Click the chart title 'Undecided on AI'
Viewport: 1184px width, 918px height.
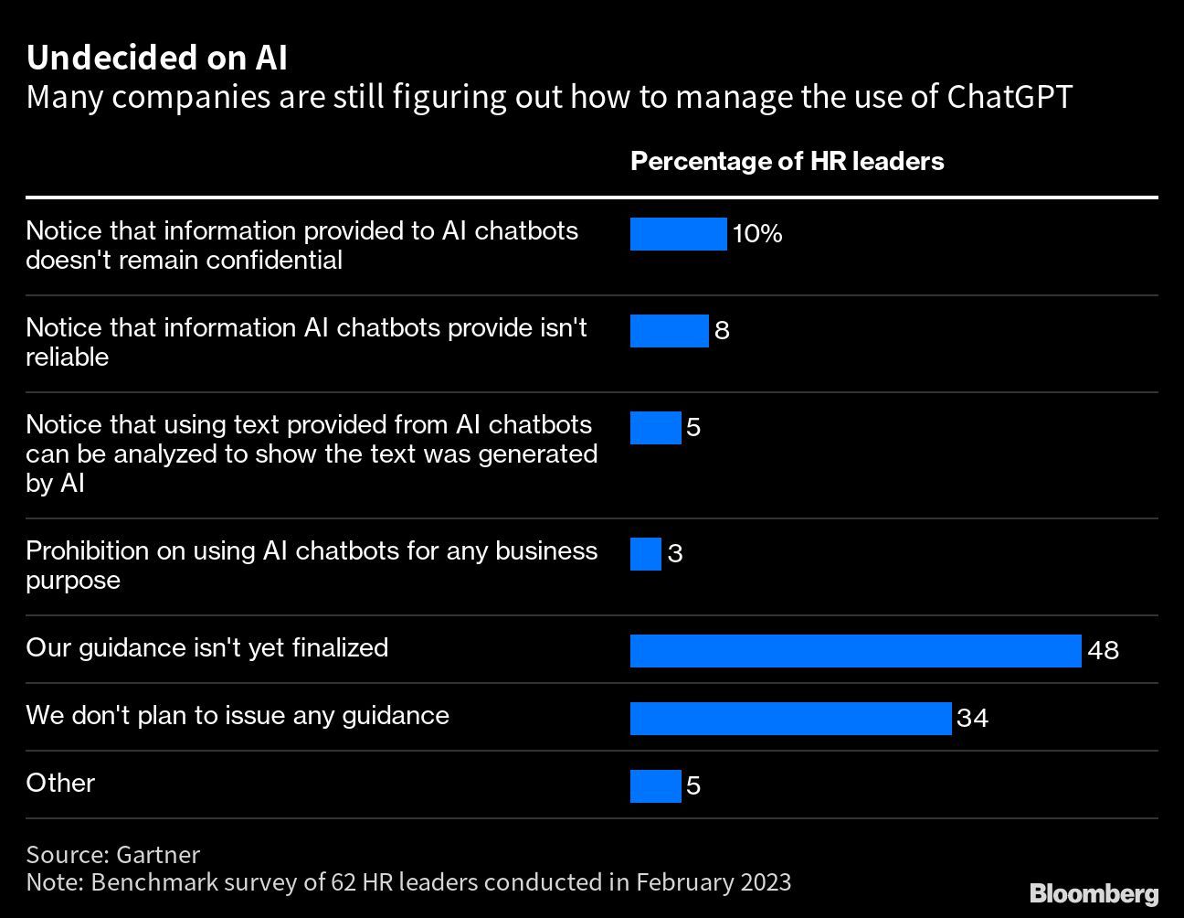(x=156, y=58)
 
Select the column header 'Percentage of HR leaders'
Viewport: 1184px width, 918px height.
(x=787, y=162)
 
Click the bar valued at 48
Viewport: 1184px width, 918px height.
(x=855, y=651)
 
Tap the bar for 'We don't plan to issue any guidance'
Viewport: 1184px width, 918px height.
(x=790, y=719)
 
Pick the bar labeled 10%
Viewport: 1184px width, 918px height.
(x=678, y=234)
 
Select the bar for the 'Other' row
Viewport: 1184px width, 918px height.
(x=655, y=786)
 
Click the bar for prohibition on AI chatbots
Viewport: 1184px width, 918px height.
(x=645, y=554)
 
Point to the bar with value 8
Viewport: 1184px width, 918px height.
(x=669, y=331)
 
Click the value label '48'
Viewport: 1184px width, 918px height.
(x=1104, y=651)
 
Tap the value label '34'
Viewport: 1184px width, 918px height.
(x=972, y=719)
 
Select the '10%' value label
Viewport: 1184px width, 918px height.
(x=757, y=234)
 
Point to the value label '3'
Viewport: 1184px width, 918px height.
(x=675, y=554)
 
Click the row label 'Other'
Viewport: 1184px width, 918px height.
(x=60, y=783)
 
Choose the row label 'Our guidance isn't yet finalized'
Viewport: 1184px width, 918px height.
(x=207, y=647)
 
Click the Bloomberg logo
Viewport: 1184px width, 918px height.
(x=1094, y=893)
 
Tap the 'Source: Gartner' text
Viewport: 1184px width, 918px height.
(x=112, y=854)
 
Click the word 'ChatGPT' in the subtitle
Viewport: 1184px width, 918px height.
(x=1009, y=97)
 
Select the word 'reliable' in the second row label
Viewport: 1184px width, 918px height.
(x=67, y=358)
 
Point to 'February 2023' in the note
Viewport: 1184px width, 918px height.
(x=713, y=882)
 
